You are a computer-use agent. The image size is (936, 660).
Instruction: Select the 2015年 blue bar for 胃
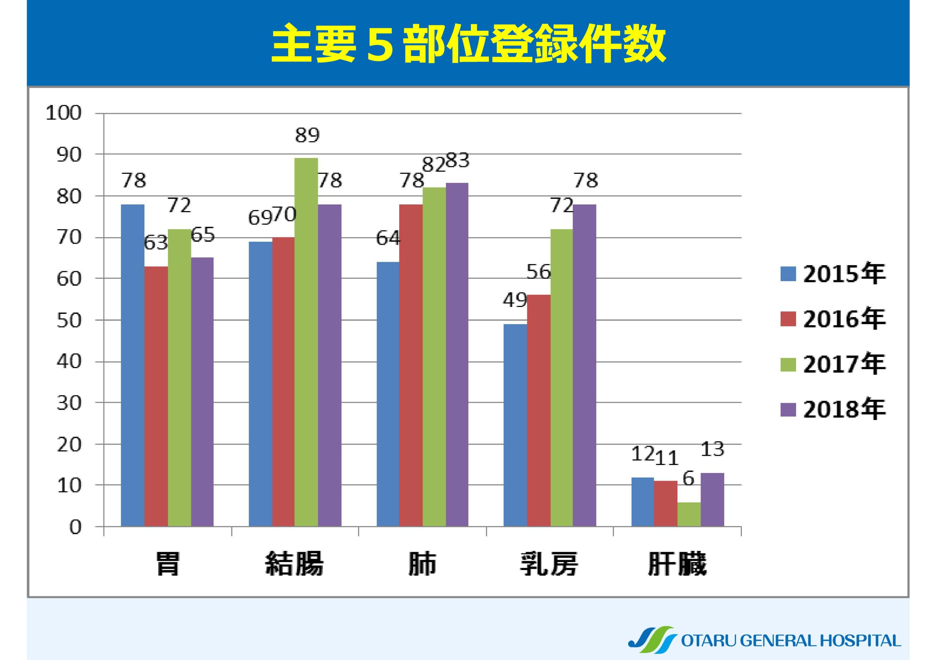click(132, 365)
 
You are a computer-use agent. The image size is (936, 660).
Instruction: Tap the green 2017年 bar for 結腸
click(306, 342)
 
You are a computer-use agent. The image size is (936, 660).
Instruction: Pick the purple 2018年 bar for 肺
click(457, 354)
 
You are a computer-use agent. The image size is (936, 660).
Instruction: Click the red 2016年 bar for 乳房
click(539, 410)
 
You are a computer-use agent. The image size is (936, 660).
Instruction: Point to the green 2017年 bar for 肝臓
click(689, 514)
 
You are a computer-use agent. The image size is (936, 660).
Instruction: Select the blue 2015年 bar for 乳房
click(515, 425)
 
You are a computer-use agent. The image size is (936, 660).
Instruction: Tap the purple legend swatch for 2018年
click(788, 409)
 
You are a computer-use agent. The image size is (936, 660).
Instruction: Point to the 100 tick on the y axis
click(64, 113)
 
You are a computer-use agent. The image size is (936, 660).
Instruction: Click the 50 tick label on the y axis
click(69, 320)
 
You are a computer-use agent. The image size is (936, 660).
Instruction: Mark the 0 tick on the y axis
click(75, 528)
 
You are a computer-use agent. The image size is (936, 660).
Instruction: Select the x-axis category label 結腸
click(294, 564)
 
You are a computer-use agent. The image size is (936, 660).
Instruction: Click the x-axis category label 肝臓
click(677, 564)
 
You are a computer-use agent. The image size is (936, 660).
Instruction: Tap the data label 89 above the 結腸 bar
click(307, 135)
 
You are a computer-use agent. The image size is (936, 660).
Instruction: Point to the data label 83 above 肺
click(457, 161)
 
